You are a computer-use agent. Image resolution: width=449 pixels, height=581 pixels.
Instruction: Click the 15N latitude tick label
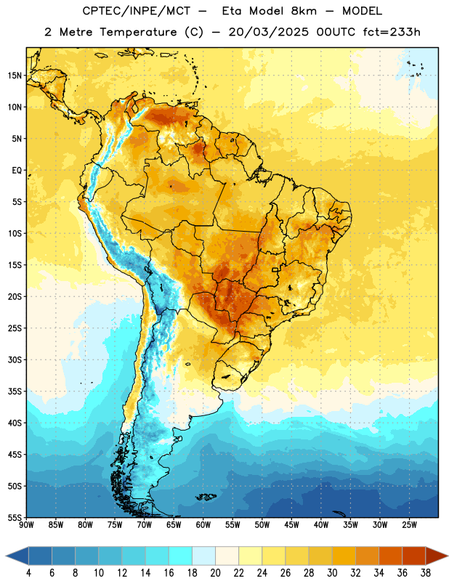click(x=15, y=76)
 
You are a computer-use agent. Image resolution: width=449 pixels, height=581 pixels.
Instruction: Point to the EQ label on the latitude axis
click(x=17, y=171)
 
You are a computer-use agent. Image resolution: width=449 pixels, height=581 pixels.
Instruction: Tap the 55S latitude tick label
click(x=15, y=517)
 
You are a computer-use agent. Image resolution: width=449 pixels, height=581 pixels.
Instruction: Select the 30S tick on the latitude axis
click(x=15, y=359)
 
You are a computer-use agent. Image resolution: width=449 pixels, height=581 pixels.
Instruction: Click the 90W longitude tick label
click(x=27, y=525)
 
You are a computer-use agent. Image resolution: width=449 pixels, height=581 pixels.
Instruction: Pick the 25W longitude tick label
click(x=409, y=525)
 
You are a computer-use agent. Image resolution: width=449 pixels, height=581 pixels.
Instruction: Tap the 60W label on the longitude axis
click(x=203, y=525)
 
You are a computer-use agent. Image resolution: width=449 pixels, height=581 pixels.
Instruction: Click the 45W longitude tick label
click(x=291, y=525)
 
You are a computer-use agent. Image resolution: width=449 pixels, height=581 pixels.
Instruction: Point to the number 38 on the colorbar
click(x=426, y=573)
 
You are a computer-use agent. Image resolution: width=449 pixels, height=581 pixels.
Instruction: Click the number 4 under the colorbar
click(x=28, y=573)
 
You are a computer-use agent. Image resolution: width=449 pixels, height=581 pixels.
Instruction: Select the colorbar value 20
click(x=215, y=573)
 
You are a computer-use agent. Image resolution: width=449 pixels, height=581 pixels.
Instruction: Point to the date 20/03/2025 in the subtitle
click(x=268, y=32)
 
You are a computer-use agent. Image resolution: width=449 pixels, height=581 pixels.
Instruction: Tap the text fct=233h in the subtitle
click(x=392, y=32)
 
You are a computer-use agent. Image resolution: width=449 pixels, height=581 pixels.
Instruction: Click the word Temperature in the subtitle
click(x=138, y=33)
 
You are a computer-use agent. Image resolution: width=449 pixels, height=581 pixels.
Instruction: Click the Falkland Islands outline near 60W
click(x=206, y=497)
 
